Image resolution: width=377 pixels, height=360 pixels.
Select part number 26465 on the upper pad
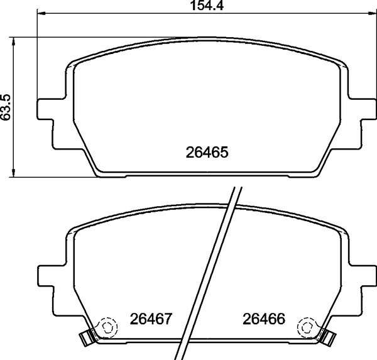click(x=206, y=152)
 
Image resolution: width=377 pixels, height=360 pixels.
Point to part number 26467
click(x=151, y=319)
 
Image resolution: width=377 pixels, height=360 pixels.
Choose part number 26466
click(x=264, y=319)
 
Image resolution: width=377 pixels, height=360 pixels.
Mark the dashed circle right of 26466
click(x=307, y=326)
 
